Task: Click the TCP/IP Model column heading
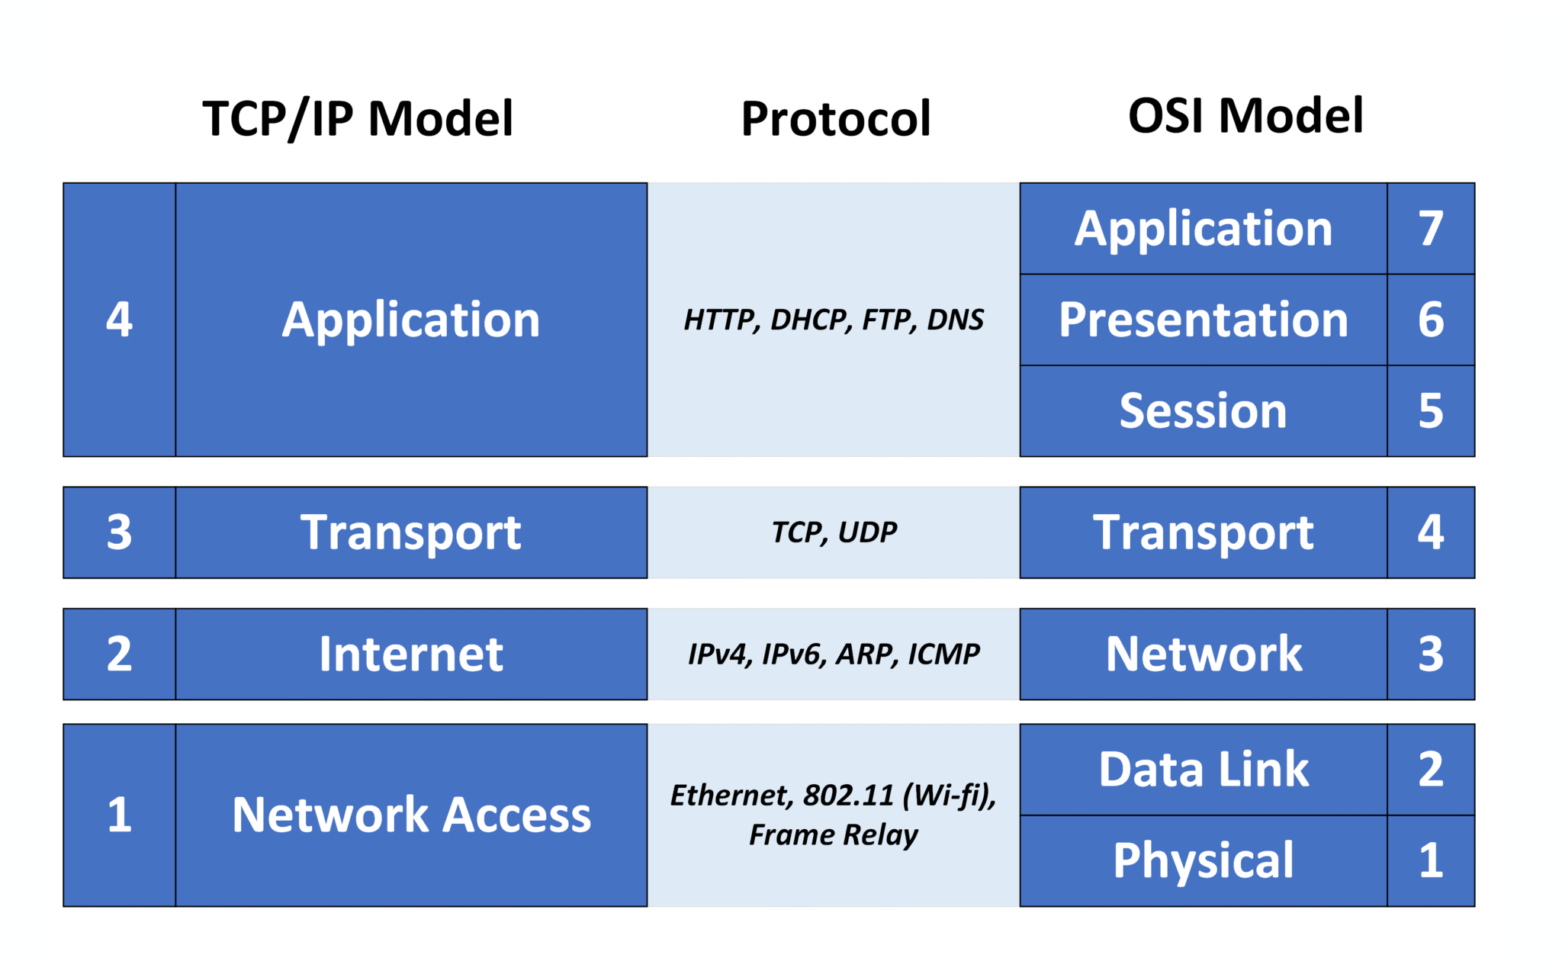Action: [x=358, y=119]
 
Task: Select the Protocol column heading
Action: [x=836, y=119]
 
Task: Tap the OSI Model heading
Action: [x=1245, y=116]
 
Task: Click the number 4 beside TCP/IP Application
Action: [x=119, y=319]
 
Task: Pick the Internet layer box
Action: [x=411, y=654]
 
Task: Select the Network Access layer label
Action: [x=411, y=815]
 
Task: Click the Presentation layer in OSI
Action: [x=1203, y=320]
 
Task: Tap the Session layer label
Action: [x=1203, y=411]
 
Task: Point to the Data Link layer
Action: [x=1203, y=769]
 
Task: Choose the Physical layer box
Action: [x=1203, y=860]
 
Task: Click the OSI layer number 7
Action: [x=1430, y=228]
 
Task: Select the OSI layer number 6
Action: [x=1430, y=320]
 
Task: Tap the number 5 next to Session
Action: [x=1430, y=411]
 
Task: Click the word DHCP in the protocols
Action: [x=811, y=320]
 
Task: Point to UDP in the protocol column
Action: [x=867, y=532]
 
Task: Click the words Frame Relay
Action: [x=833, y=834]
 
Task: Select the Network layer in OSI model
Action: [x=1203, y=654]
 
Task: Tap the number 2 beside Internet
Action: [x=119, y=654]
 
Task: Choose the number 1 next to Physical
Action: [x=1430, y=860]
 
